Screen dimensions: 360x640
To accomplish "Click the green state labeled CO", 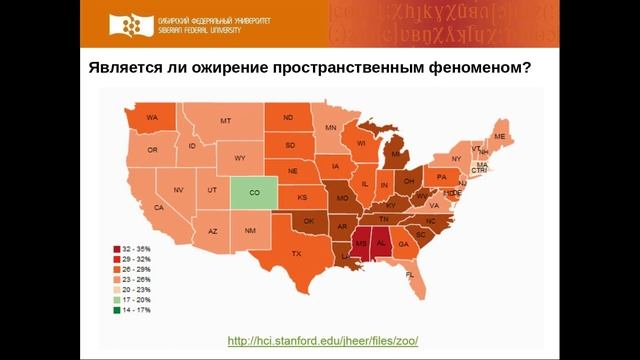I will (x=254, y=191).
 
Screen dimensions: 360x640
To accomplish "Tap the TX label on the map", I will (x=296, y=254).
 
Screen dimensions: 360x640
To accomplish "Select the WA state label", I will (x=153, y=118).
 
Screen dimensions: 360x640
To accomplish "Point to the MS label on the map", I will (x=361, y=243).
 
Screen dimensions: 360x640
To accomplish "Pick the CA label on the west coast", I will (x=158, y=207).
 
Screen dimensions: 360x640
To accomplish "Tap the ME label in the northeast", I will (x=499, y=136).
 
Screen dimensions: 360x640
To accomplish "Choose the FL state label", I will (x=410, y=273).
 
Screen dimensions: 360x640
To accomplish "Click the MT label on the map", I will (x=226, y=121).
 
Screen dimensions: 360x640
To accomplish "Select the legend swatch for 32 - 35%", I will (x=119, y=247).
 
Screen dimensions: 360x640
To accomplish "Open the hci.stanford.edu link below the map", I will (x=323, y=340).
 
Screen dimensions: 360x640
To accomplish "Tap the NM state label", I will (x=249, y=231).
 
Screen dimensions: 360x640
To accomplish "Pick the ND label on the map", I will (x=288, y=118).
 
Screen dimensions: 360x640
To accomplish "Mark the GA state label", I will (x=404, y=244).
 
